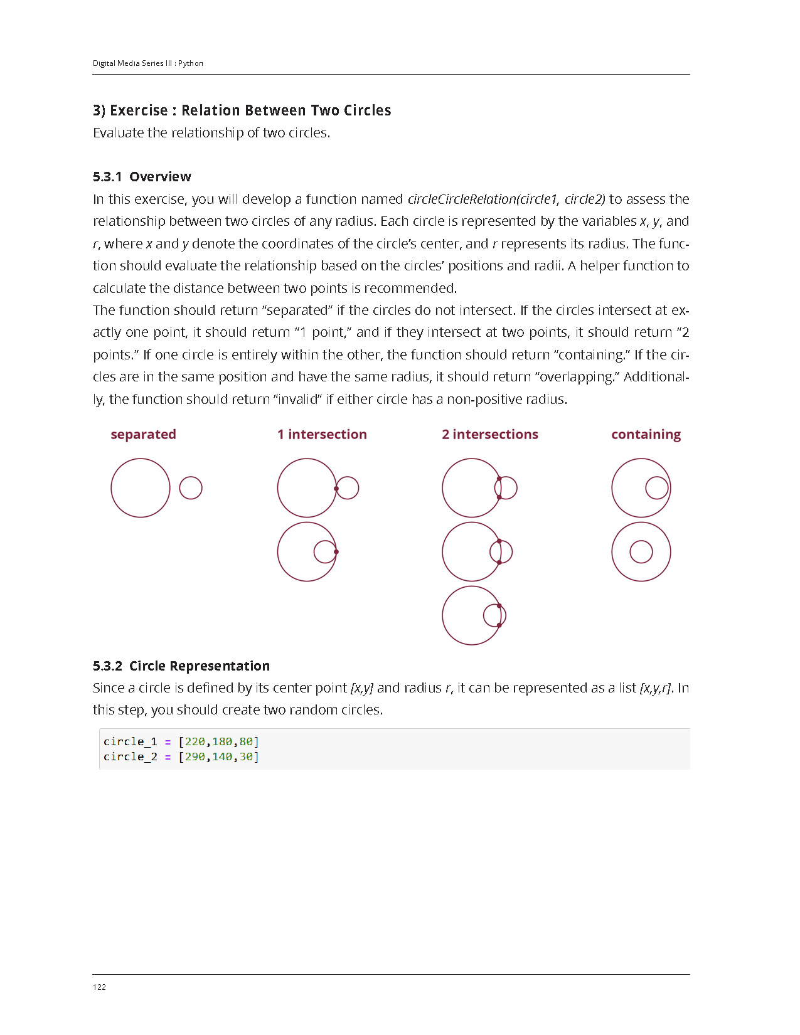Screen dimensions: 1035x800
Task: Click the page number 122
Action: (99, 987)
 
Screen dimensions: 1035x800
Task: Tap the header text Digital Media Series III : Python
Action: (148, 63)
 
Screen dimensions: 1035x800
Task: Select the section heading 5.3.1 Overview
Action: (142, 177)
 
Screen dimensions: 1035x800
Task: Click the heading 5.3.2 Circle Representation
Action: (181, 666)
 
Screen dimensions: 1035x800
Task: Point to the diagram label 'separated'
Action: (143, 435)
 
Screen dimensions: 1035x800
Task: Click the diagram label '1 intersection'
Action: (322, 435)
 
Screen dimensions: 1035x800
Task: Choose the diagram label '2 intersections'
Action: (490, 435)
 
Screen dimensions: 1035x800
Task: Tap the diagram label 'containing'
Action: (646, 435)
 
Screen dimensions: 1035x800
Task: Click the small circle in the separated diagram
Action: (191, 488)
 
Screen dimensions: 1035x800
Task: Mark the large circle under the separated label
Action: (141, 488)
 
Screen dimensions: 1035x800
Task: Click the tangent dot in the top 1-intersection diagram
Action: (336, 489)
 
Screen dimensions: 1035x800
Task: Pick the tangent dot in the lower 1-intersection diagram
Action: (336, 552)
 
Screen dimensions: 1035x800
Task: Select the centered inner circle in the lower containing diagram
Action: (641, 552)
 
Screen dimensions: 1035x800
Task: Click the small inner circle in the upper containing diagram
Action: (657, 488)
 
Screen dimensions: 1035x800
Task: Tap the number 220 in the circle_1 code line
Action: (195, 742)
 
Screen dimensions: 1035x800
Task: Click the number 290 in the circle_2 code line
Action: (195, 757)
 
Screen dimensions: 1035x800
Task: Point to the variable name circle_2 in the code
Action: (130, 757)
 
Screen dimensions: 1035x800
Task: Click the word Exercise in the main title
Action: (139, 110)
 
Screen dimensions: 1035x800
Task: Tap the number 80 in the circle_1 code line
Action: (246, 742)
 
